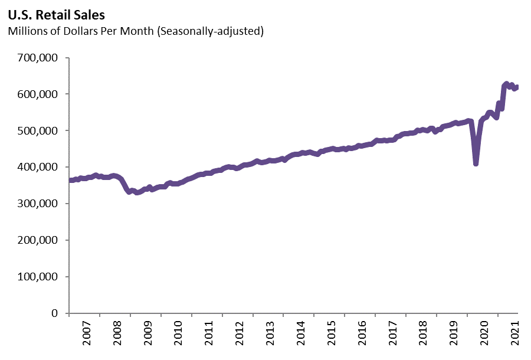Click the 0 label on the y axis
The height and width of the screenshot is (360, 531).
click(x=54, y=313)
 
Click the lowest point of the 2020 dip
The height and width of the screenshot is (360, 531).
click(x=476, y=163)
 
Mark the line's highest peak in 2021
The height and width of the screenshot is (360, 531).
click(x=506, y=84)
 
